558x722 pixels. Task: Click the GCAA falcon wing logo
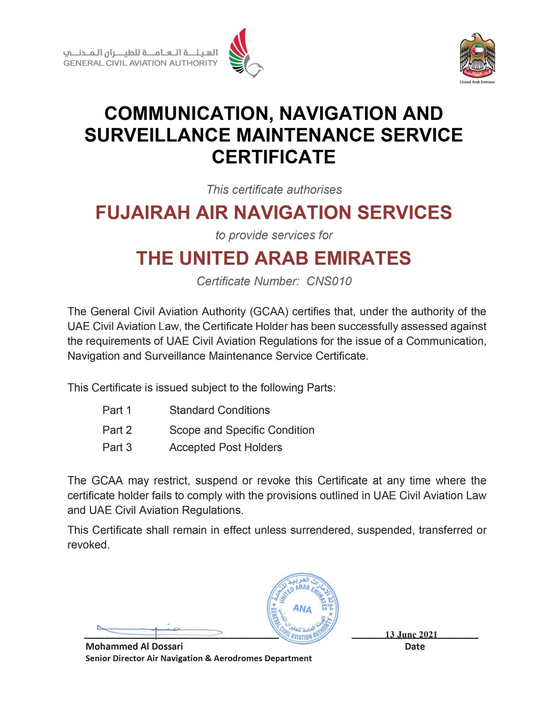[x=245, y=53]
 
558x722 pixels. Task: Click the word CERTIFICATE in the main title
[x=274, y=157]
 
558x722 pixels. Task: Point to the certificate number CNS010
[x=329, y=281]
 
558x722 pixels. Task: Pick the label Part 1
[x=117, y=410]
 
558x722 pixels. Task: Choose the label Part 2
[x=117, y=430]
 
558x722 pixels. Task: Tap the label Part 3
[x=117, y=447]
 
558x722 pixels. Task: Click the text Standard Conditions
[x=219, y=410]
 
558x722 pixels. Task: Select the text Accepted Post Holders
[x=225, y=447]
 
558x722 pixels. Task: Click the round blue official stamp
[x=302, y=608]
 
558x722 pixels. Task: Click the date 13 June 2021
[x=411, y=634]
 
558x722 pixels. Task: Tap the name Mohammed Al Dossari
[x=134, y=646]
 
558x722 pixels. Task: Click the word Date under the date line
[x=414, y=647]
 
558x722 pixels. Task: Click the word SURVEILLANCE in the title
[x=157, y=135]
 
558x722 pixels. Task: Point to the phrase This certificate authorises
[x=274, y=189]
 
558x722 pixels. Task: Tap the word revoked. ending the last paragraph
[x=88, y=545]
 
